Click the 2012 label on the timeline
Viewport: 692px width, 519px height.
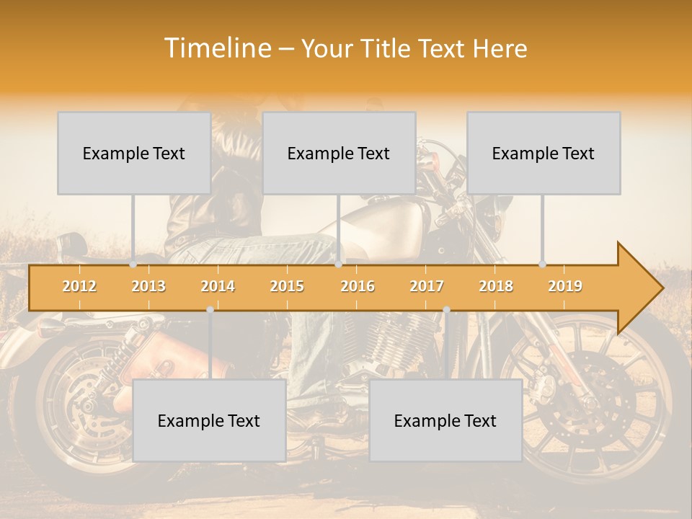pos(79,286)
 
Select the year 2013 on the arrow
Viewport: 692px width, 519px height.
pos(148,286)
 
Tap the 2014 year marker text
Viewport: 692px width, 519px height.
pos(218,286)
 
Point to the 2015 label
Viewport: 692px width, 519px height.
pos(287,286)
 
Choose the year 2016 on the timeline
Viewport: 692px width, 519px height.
pos(358,286)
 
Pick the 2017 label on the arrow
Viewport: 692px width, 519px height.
pos(427,286)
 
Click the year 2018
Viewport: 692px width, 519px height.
pos(496,286)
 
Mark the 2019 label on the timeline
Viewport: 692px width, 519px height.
pos(565,286)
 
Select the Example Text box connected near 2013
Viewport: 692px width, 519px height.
pos(134,153)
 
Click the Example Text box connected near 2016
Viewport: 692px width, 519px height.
pos(339,153)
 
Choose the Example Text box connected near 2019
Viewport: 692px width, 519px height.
pos(544,153)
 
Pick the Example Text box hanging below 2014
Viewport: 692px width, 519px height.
pos(209,420)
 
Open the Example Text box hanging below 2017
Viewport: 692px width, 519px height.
pos(445,420)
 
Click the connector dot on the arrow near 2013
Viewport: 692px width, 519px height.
pos(133,265)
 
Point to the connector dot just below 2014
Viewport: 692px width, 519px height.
pos(210,310)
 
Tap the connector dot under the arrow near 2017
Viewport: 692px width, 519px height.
pos(446,310)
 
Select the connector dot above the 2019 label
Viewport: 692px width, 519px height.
pos(543,265)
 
